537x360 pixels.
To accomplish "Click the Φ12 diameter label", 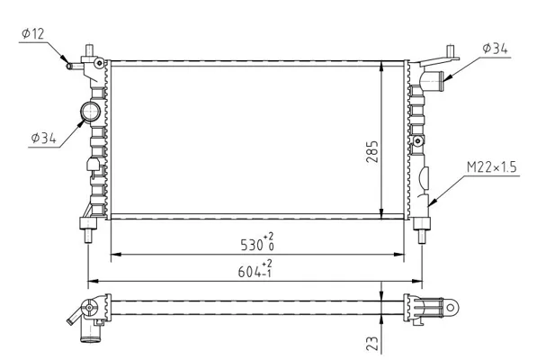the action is click(x=33, y=34).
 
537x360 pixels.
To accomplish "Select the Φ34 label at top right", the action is click(x=495, y=49).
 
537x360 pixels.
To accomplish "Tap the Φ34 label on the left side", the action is click(x=43, y=138).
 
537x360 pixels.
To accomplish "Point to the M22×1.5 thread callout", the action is click(x=491, y=167).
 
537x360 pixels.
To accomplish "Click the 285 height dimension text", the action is click(x=372, y=151).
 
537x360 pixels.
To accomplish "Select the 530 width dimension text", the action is click(x=252, y=245).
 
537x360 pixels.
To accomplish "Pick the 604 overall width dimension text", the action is click(x=249, y=273).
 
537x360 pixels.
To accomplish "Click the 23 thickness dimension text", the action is click(x=372, y=343).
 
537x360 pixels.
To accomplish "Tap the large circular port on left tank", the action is click(x=91, y=112).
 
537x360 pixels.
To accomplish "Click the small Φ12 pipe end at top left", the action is click(x=69, y=66).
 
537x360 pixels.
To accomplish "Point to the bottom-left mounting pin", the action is click(x=88, y=236).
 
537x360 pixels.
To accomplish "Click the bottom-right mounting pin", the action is click(x=422, y=236).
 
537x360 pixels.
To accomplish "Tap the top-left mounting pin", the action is click(x=90, y=50).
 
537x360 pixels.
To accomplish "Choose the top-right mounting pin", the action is click(x=451, y=51).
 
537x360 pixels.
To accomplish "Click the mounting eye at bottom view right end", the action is click(x=451, y=307).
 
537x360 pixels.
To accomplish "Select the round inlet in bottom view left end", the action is click(x=89, y=308).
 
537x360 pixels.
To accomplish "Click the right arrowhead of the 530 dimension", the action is click(x=399, y=255).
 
